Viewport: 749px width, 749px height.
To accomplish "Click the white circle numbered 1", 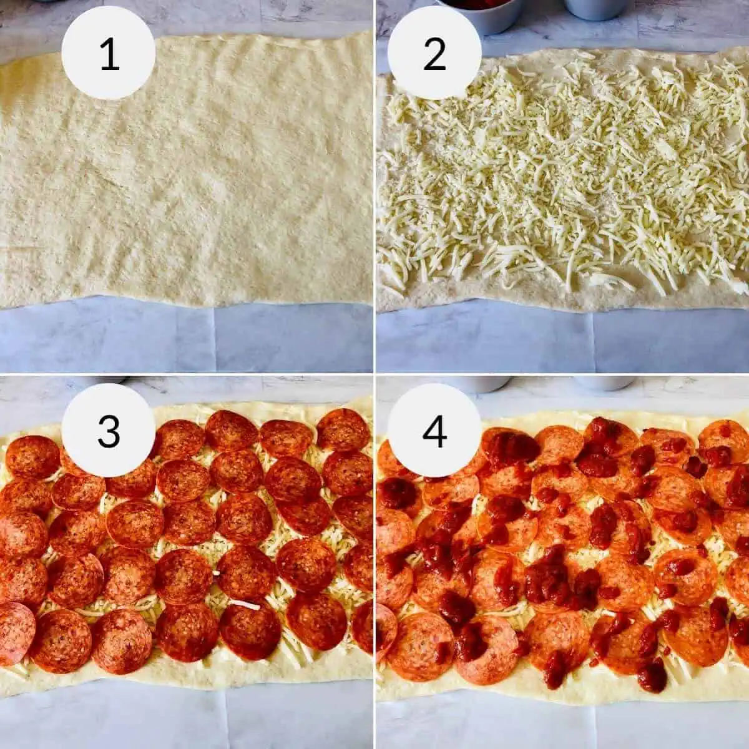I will [x=109, y=53].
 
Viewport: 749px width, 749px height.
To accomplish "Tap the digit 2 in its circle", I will [x=434, y=53].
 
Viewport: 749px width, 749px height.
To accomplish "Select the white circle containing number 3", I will [x=109, y=430].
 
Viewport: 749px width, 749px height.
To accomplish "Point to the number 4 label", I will [x=434, y=430].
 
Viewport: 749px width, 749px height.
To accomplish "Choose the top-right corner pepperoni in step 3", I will [x=343, y=429].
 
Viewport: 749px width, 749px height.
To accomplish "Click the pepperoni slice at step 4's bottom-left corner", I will [x=384, y=630].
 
